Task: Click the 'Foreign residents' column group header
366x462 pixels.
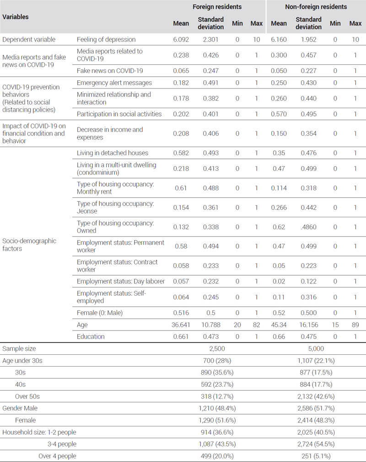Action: pyautogui.click(x=217, y=7)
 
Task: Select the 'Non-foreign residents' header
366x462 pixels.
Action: pyautogui.click(x=316, y=7)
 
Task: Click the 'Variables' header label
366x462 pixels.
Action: pyautogui.click(x=16, y=17)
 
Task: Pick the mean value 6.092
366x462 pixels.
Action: pyautogui.click(x=181, y=39)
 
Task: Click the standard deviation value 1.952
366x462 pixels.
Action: pyautogui.click(x=308, y=39)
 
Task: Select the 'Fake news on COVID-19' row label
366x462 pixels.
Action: pyautogui.click(x=110, y=71)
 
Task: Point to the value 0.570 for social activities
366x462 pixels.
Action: pyautogui.click(x=279, y=114)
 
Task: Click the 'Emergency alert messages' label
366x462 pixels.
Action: pyautogui.click(x=114, y=83)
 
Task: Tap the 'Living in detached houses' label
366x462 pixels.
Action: pyautogui.click(x=113, y=153)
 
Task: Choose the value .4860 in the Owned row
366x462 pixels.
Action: pyautogui.click(x=308, y=227)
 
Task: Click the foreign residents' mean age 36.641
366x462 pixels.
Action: pyautogui.click(x=181, y=325)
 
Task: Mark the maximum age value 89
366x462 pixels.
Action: pyautogui.click(x=355, y=325)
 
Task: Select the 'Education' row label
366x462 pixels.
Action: pyautogui.click(x=91, y=336)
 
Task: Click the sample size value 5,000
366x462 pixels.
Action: pyautogui.click(x=316, y=349)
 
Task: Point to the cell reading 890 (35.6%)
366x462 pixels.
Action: pyautogui.click(x=217, y=373)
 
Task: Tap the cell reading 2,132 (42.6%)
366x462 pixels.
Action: pyautogui.click(x=316, y=396)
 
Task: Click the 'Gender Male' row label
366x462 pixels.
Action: pyautogui.click(x=20, y=408)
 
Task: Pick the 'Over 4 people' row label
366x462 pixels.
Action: pyautogui.click(x=57, y=456)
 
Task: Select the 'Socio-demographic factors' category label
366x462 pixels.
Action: pyautogui.click(x=29, y=245)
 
